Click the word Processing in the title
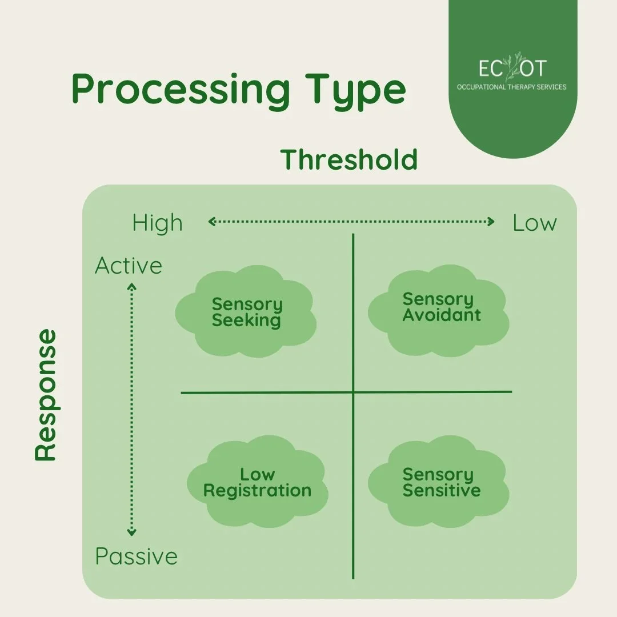pos(181,90)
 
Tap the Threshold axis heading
pos(349,159)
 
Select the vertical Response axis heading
pos(46,395)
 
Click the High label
pos(157,223)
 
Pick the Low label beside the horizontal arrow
pos(535,223)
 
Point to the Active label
pos(129,266)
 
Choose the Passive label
pos(136,556)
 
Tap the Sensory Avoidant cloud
pos(439,308)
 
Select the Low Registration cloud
pos(258,483)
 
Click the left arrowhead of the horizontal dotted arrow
pos(210,222)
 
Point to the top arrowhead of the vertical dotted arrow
pos(132,287)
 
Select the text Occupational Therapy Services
pos(511,87)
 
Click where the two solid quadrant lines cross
pos(353,392)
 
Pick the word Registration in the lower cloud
pos(258,491)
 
